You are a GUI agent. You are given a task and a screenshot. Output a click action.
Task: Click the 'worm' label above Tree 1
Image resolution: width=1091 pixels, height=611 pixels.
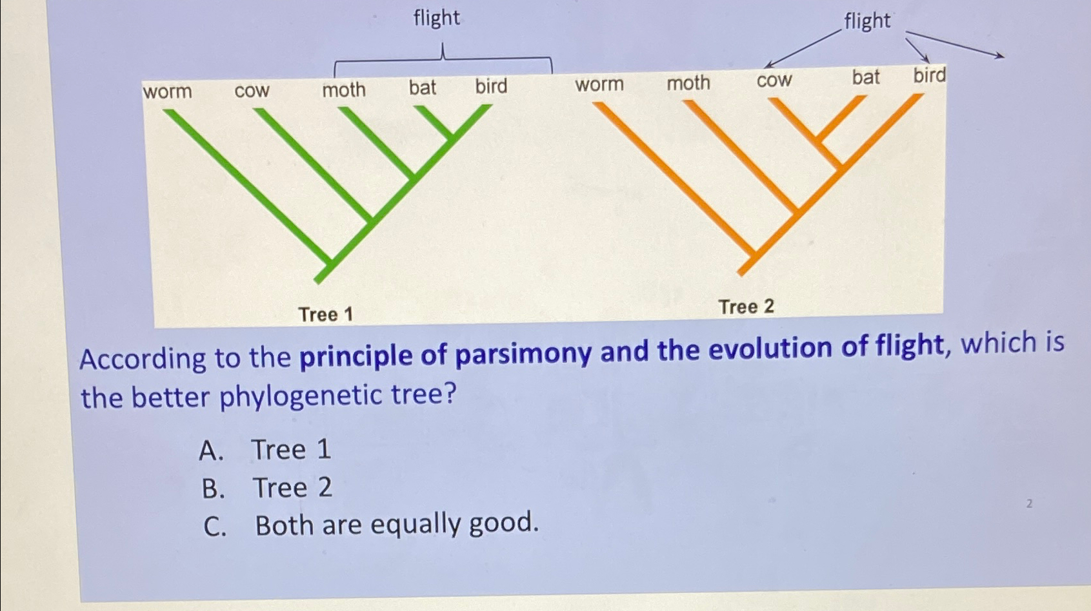pyautogui.click(x=167, y=92)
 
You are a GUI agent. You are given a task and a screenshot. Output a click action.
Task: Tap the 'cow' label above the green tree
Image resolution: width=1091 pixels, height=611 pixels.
pyautogui.click(x=252, y=91)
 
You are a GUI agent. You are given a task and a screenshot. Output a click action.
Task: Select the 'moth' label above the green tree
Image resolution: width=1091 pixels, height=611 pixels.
pyautogui.click(x=344, y=90)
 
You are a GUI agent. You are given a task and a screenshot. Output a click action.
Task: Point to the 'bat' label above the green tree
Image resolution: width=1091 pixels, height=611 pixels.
pyautogui.click(x=423, y=87)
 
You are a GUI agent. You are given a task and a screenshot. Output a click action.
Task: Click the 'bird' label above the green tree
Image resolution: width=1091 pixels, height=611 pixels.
pyautogui.click(x=491, y=86)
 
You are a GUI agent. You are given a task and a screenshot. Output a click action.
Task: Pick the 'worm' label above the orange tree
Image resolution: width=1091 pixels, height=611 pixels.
pyautogui.click(x=599, y=84)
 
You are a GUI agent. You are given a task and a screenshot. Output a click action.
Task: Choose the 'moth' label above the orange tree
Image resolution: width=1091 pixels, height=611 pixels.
pyautogui.click(x=688, y=82)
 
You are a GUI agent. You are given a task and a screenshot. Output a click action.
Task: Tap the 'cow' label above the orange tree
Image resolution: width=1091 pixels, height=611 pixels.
pyautogui.click(x=774, y=81)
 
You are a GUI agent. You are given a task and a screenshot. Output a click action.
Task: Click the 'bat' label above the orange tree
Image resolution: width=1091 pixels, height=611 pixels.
pyautogui.click(x=866, y=77)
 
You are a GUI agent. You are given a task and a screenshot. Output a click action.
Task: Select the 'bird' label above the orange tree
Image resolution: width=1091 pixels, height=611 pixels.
pyautogui.click(x=930, y=75)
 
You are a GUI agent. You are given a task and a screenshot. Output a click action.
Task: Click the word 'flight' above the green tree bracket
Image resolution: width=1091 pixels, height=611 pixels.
pyautogui.click(x=437, y=18)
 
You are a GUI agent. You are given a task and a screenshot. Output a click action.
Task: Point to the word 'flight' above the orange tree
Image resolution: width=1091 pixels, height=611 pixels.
pyautogui.click(x=867, y=21)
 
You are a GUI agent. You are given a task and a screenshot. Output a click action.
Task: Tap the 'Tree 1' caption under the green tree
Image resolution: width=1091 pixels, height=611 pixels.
pyautogui.click(x=326, y=315)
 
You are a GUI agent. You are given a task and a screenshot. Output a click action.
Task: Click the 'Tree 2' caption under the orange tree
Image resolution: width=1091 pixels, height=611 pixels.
pyautogui.click(x=746, y=307)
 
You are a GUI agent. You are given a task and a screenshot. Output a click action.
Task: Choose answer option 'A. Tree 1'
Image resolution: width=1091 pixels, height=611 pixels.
pyautogui.click(x=265, y=450)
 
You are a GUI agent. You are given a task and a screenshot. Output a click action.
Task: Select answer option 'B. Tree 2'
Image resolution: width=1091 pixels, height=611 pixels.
pyautogui.click(x=266, y=488)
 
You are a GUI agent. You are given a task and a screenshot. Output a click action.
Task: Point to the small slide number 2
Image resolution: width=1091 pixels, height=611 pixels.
pyautogui.click(x=1029, y=504)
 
